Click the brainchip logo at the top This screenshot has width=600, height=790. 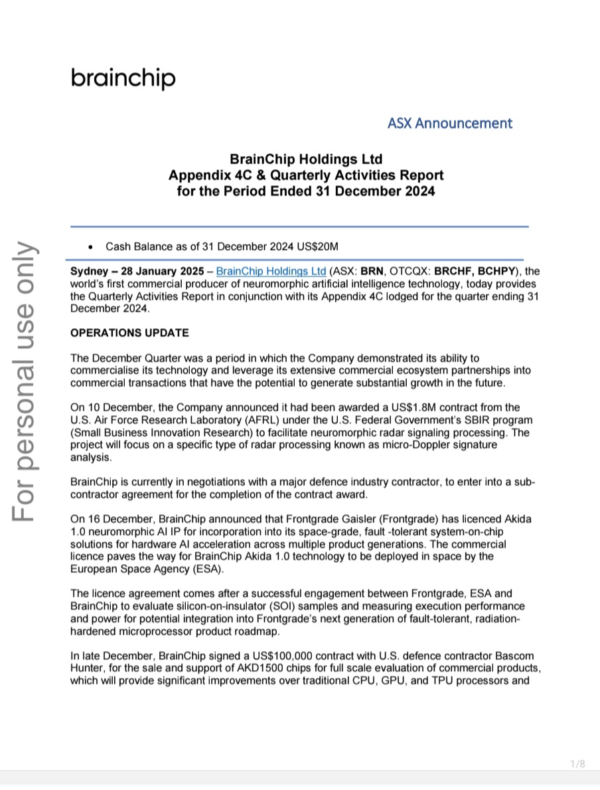(123, 78)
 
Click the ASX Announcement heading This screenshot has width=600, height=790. (449, 123)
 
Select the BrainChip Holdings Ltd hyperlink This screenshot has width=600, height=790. (271, 271)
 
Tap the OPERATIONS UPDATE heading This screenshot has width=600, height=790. (129, 333)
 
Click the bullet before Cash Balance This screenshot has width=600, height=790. (90, 247)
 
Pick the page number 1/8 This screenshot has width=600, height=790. (578, 764)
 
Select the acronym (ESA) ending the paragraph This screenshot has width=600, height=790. (210, 569)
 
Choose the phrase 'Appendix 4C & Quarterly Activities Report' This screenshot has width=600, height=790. (306, 176)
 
